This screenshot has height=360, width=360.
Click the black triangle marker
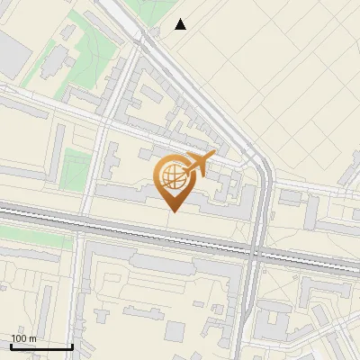(181, 24)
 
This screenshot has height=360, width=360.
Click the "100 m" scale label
(23, 338)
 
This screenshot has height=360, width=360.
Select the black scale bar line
(41, 346)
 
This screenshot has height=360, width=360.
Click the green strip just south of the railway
(36, 239)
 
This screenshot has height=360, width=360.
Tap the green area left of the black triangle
(144, 11)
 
